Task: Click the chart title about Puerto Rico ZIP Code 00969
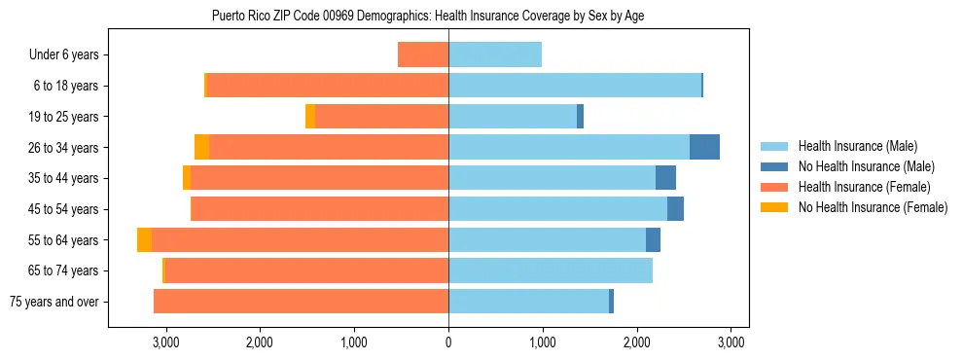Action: [428, 16]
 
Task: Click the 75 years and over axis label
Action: [53, 302]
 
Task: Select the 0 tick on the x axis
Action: [448, 342]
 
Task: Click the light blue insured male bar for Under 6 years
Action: [495, 55]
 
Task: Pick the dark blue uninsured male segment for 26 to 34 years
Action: [704, 147]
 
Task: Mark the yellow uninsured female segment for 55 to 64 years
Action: [144, 240]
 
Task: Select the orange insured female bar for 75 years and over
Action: [301, 302]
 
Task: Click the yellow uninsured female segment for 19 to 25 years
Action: [310, 117]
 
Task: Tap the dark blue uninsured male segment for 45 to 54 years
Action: [675, 209]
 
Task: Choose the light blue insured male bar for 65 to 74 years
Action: [551, 270]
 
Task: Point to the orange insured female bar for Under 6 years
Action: [423, 55]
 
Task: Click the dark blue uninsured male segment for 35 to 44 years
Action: [665, 178]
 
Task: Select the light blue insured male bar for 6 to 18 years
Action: [575, 86]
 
